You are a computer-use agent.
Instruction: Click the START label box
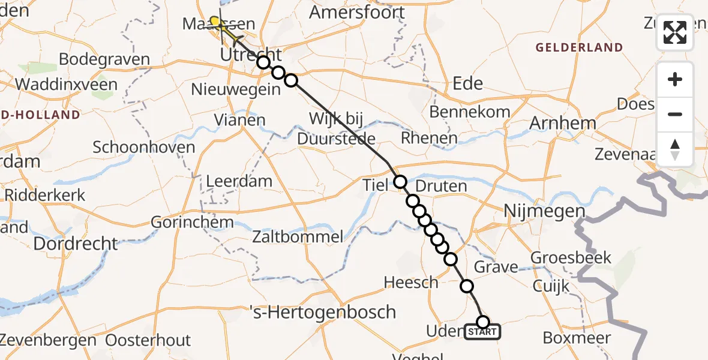(x=482, y=332)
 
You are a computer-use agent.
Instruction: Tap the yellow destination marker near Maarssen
(x=215, y=22)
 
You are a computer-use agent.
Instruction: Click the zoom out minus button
(x=675, y=114)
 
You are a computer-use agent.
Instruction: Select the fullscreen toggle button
(x=675, y=32)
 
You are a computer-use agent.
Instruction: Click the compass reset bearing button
(x=675, y=149)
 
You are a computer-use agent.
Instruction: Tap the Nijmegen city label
(x=544, y=211)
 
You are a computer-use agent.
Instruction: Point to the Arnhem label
(x=563, y=124)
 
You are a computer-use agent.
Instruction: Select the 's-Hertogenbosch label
(x=322, y=312)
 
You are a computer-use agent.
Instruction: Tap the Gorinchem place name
(x=192, y=222)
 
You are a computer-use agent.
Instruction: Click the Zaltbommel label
(x=299, y=236)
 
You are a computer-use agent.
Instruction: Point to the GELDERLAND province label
(x=579, y=47)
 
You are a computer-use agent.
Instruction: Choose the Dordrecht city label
(x=76, y=243)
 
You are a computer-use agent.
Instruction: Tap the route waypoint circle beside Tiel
(x=400, y=182)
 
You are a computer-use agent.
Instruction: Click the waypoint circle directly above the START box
(x=482, y=322)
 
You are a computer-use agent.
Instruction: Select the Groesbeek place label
(x=572, y=258)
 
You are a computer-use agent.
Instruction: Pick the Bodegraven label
(x=104, y=60)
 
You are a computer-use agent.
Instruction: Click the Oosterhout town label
(x=148, y=340)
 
